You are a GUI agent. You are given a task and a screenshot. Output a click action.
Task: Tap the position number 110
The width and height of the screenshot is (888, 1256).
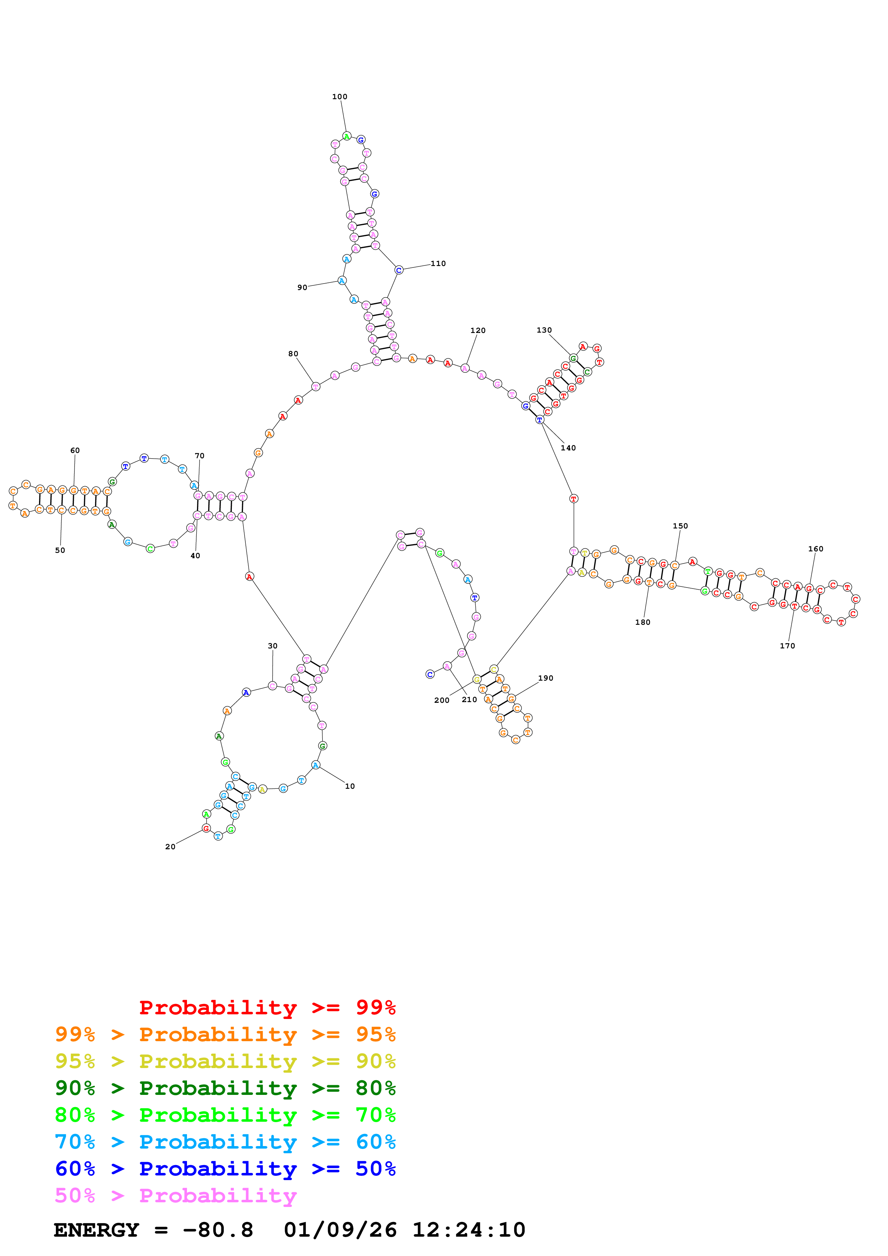pos(438,264)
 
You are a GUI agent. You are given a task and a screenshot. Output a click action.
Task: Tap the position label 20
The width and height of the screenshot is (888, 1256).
pos(170,847)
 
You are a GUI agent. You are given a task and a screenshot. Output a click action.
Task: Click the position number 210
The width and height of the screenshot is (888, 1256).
pos(470,700)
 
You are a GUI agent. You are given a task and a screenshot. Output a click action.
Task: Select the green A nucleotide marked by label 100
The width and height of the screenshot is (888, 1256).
pos(346,136)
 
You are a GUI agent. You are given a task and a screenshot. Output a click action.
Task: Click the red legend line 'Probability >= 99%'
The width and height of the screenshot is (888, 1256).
pos(267,1007)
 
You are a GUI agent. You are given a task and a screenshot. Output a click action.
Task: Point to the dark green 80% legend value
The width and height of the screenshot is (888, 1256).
pos(375,1088)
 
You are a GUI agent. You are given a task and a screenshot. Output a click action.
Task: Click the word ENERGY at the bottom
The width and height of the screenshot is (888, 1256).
pos(96,1230)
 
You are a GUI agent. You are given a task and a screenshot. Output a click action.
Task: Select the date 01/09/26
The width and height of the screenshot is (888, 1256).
pos(340,1230)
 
